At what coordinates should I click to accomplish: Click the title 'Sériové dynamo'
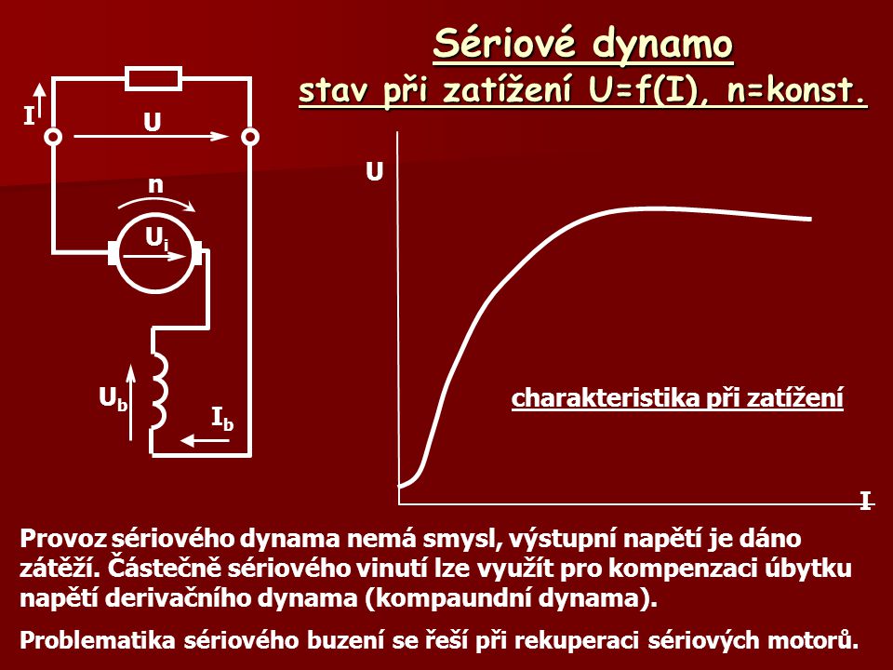coord(582,44)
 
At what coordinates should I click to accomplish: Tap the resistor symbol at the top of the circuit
coord(153,78)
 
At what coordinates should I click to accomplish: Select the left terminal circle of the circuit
coord(54,138)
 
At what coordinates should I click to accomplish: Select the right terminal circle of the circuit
coord(250,138)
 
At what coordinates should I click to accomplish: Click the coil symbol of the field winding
coord(159,390)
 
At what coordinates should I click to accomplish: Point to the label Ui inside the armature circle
coord(156,239)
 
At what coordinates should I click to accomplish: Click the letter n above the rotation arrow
coord(155,184)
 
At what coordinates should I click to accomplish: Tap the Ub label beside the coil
coord(113,398)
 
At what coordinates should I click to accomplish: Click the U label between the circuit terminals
coord(152,122)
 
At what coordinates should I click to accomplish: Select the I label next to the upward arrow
coord(28,117)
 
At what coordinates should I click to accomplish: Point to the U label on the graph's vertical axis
coord(374,171)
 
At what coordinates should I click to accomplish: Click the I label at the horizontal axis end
coord(866,502)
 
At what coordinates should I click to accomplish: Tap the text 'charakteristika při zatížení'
coord(677,397)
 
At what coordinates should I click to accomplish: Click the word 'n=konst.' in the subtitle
coord(795,90)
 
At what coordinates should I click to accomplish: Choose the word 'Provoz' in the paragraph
coord(64,539)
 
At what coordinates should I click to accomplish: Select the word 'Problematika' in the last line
coord(98,640)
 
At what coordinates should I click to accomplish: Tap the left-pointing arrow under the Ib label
coord(205,440)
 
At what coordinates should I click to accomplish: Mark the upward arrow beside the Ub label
coord(131,403)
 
